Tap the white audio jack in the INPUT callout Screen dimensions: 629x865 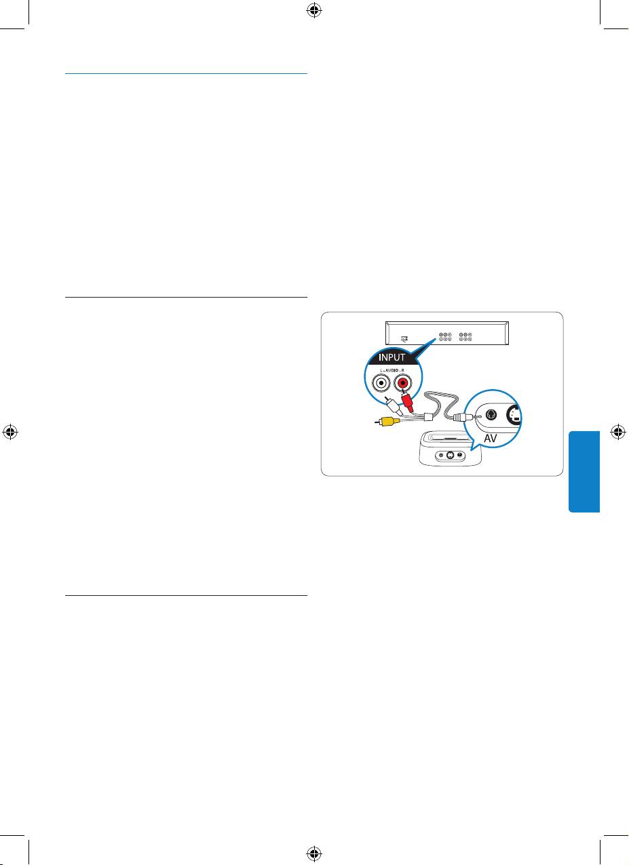tap(380, 384)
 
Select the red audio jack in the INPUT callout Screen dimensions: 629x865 tap(402, 384)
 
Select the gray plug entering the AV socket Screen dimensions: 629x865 tap(465, 418)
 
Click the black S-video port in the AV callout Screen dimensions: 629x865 tap(516, 415)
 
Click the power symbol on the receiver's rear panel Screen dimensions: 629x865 tap(404, 337)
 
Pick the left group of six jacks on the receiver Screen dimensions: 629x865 tap(445, 336)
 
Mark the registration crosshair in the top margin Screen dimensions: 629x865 tap(314, 10)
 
